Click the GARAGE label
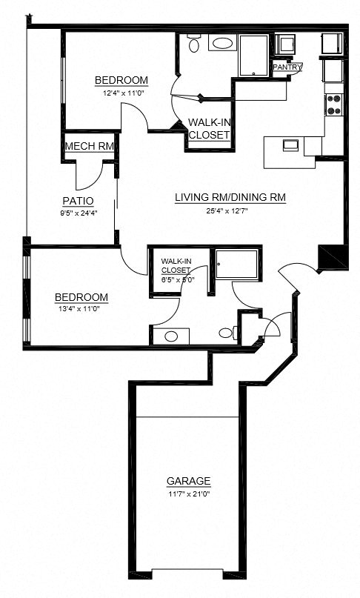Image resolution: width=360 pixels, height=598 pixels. (188, 480)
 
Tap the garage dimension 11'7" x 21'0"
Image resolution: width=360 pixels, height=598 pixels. (188, 494)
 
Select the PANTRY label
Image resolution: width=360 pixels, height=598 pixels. (287, 67)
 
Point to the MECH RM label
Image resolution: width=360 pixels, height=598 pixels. (90, 146)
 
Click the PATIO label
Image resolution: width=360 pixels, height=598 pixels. (77, 200)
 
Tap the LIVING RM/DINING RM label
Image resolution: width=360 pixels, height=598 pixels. (230, 198)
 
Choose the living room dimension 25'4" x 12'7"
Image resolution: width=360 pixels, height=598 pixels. (230, 211)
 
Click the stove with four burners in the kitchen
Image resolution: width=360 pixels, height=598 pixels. (334, 104)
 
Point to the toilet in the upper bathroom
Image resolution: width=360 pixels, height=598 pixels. (194, 44)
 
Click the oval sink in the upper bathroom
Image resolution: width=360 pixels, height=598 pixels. (221, 43)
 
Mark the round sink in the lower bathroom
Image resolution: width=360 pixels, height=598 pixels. (171, 336)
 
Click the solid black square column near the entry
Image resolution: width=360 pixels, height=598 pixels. (331, 257)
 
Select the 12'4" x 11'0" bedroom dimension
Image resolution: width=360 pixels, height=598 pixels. (121, 93)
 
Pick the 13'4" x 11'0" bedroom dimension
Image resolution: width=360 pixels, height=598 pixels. (81, 310)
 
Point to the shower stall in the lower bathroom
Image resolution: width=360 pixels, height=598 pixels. (236, 264)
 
